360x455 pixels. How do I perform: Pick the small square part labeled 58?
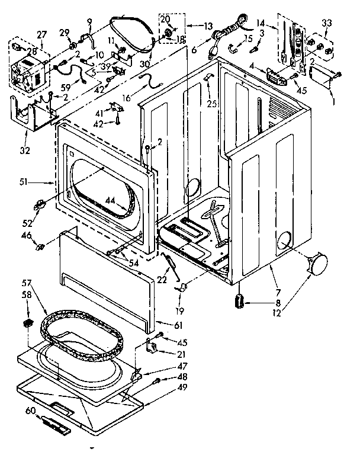[x=27, y=323]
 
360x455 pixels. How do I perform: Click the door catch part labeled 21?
[x=152, y=347]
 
